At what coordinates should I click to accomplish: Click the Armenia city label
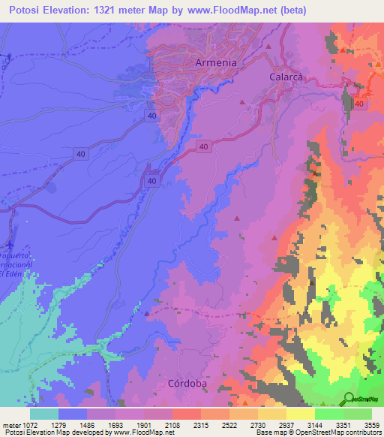tap(215, 63)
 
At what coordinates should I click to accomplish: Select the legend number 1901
tap(151, 424)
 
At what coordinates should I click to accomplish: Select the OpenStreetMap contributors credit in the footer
tap(335, 433)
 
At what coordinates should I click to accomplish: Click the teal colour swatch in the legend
tap(43, 413)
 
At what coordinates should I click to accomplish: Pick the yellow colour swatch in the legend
tap(300, 413)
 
